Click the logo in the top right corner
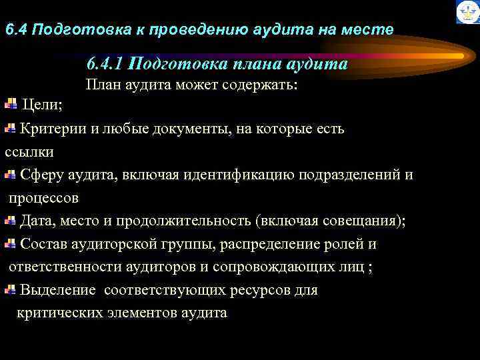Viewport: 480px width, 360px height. [467, 12]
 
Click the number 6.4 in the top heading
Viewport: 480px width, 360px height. [16, 30]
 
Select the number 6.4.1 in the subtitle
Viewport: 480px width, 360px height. [103, 64]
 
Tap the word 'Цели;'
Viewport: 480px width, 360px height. [43, 105]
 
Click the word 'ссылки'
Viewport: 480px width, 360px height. [29, 151]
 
